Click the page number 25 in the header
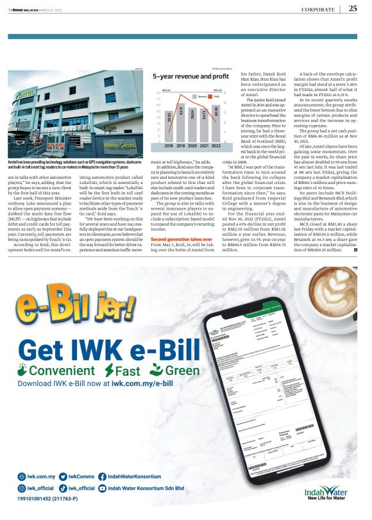pyautogui.click(x=353, y=8)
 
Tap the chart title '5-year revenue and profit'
pyautogui.click(x=183, y=76)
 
